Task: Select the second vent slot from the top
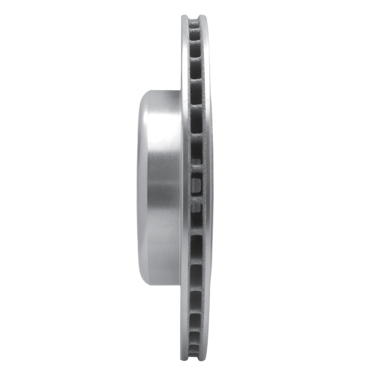pyautogui.click(x=195, y=35)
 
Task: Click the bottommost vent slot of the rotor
pyautogui.click(x=194, y=355)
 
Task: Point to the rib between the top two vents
pyautogui.click(x=194, y=28)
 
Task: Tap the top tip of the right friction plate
pyautogui.click(x=203, y=17)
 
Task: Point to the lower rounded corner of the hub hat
pyautogui.click(x=144, y=281)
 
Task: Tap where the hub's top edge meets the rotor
pyautogui.click(x=180, y=91)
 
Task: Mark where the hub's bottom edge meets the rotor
pyautogui.click(x=180, y=285)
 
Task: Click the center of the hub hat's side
pyautogui.click(x=160, y=188)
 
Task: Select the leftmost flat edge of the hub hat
pyautogui.click(x=139, y=188)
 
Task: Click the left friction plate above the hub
pyautogui.click(x=185, y=57)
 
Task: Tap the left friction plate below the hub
pyautogui.click(x=185, y=319)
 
